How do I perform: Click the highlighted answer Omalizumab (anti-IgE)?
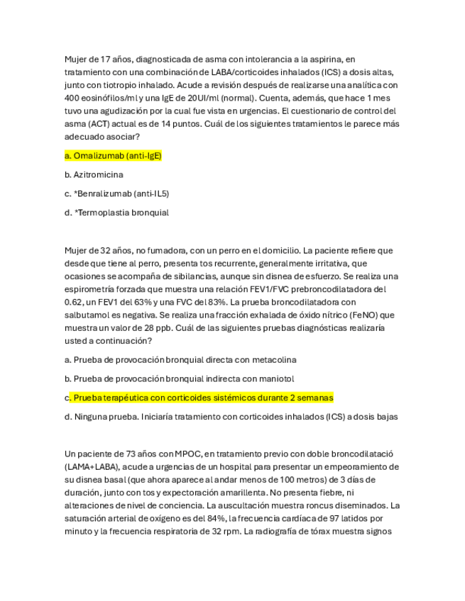[x=114, y=155]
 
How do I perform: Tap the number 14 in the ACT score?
[x=165, y=123]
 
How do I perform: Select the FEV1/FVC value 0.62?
[x=74, y=289]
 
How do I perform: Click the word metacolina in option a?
[x=273, y=359]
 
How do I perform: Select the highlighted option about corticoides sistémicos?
[x=203, y=398]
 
